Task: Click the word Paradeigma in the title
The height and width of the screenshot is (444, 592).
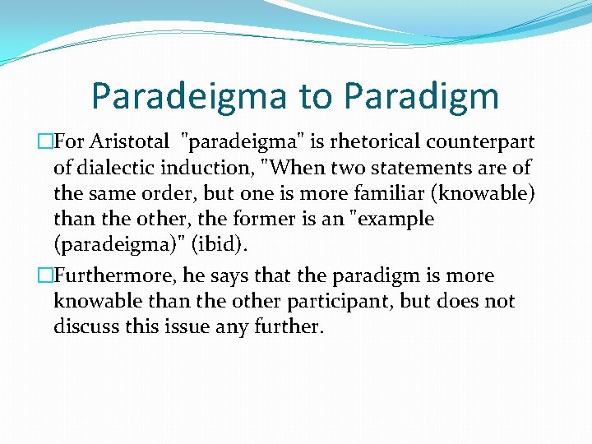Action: (188, 95)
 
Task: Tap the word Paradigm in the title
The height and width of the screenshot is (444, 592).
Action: (421, 95)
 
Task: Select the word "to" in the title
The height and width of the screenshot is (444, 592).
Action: (315, 95)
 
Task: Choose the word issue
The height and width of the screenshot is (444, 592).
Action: (194, 326)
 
